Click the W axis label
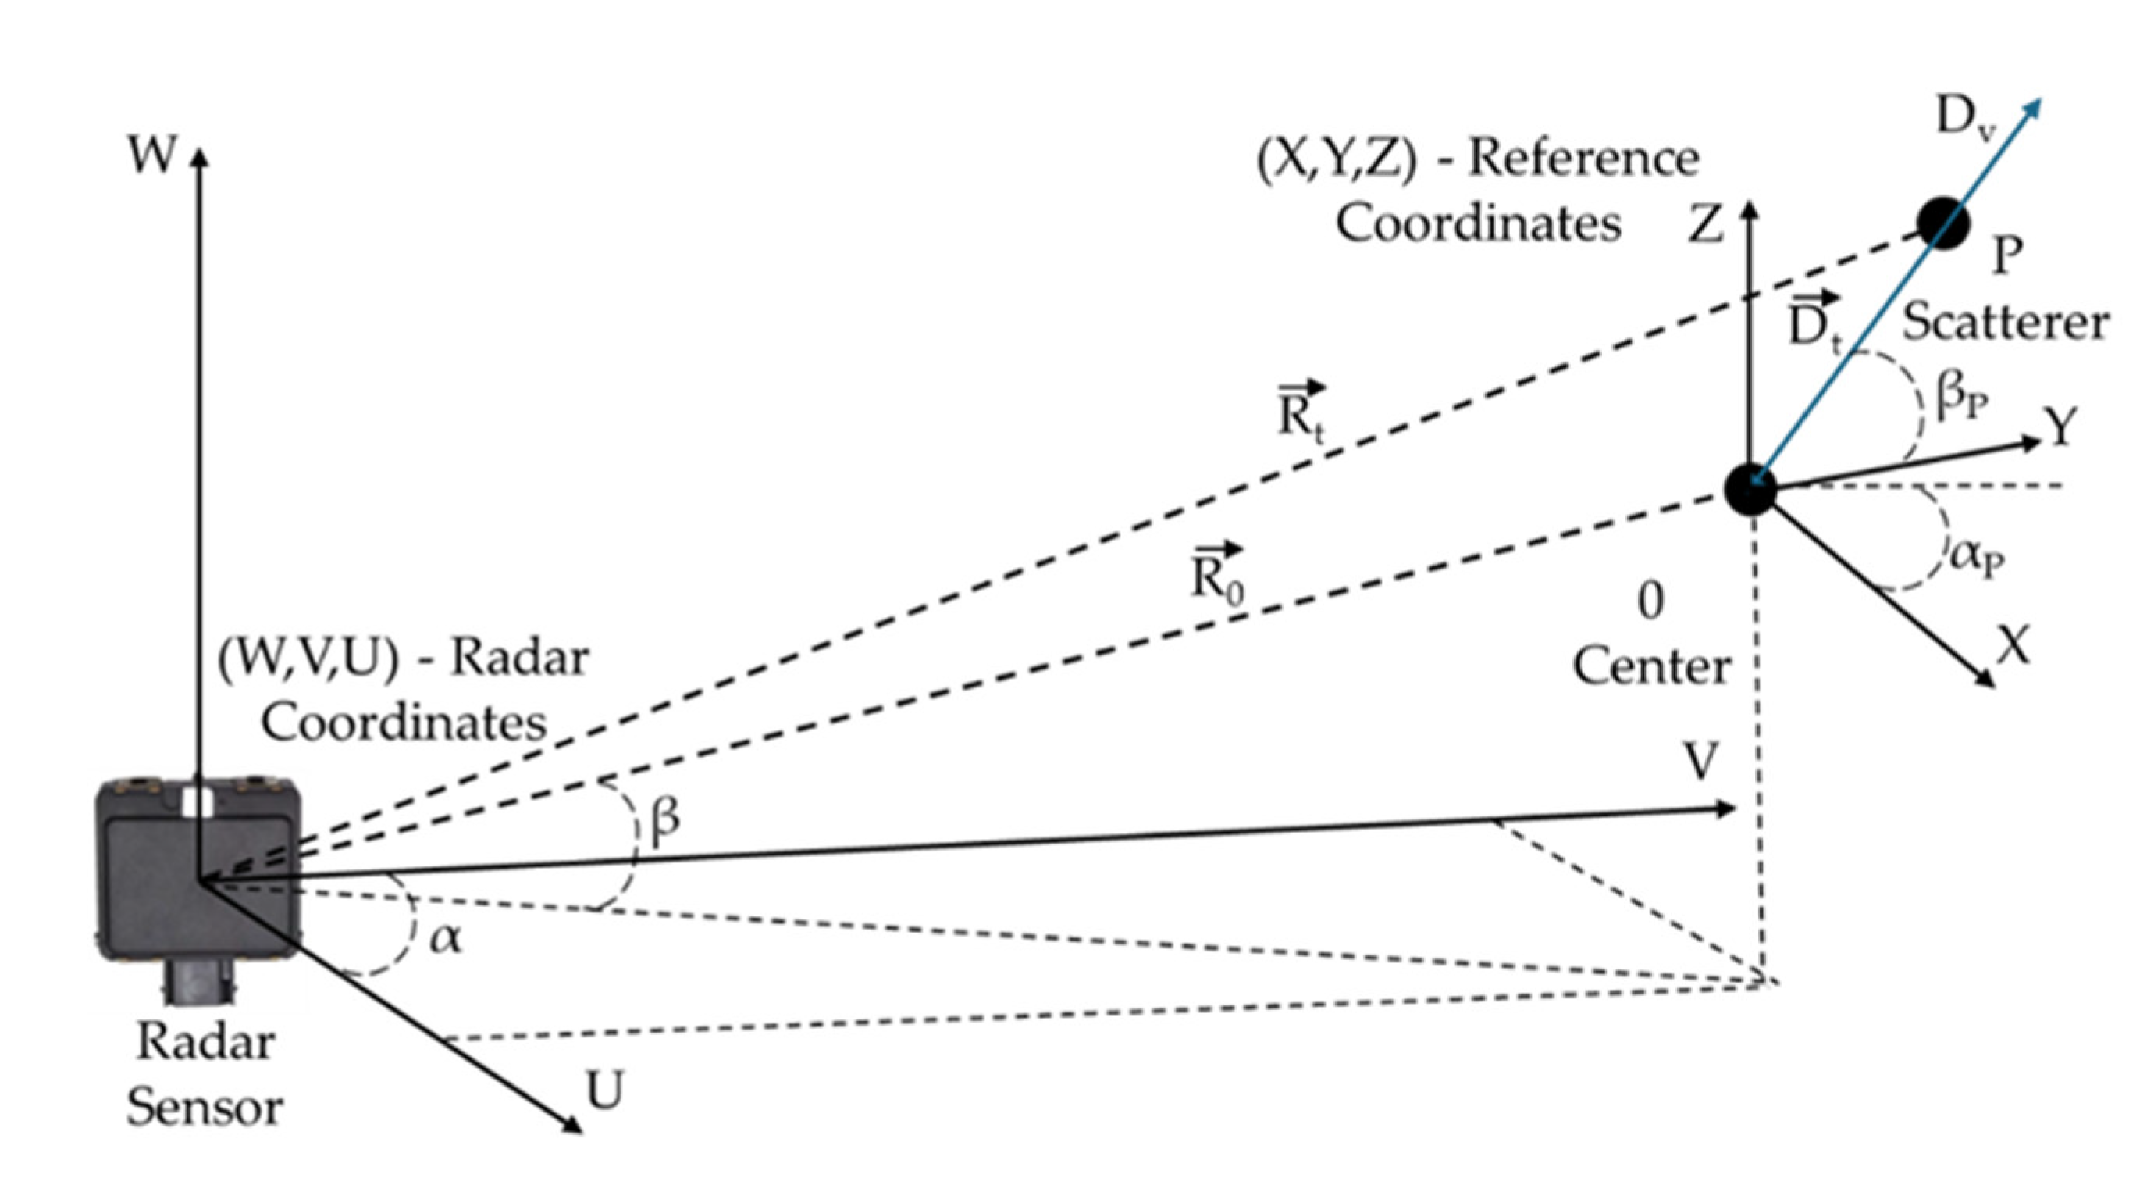(x=152, y=155)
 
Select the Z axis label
(x=1705, y=224)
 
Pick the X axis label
(x=2013, y=644)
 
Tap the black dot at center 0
(x=1750, y=490)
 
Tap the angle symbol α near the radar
(x=445, y=939)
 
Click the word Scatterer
(x=2004, y=323)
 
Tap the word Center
(x=1651, y=668)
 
